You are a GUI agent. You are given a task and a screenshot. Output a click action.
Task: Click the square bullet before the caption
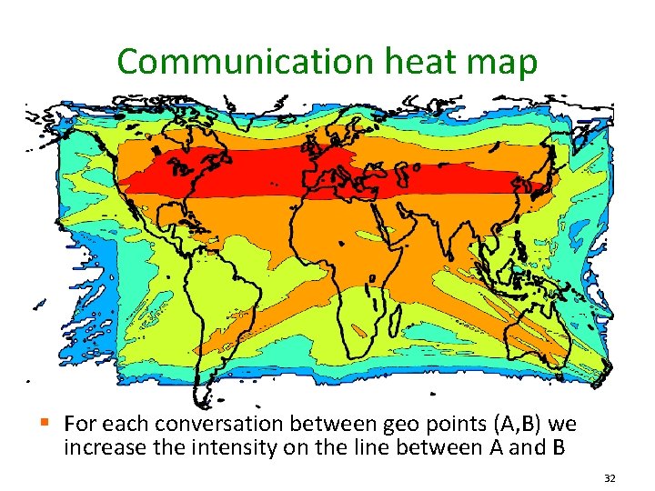tap(57, 422)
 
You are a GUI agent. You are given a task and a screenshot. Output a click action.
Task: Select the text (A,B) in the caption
tap(491, 425)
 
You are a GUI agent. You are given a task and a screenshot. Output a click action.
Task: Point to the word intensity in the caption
tap(248, 446)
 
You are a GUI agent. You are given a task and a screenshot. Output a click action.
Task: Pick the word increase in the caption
tap(100, 446)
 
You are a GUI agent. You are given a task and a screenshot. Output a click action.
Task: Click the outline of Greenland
tap(273, 114)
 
